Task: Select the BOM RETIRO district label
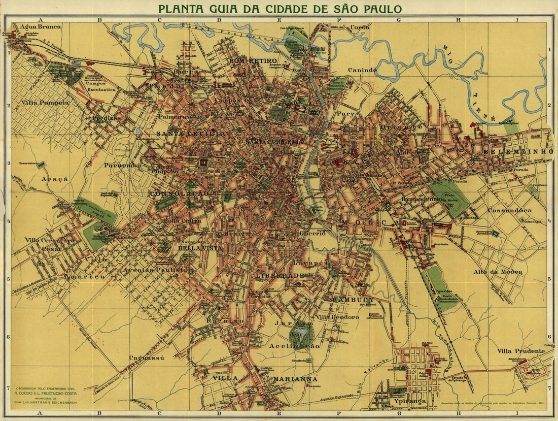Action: pyautogui.click(x=248, y=60)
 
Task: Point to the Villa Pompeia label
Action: pyautogui.click(x=45, y=102)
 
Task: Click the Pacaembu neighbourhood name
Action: pyautogui.click(x=122, y=165)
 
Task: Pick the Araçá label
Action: pyautogui.click(x=51, y=179)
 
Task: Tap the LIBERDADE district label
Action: pyautogui.click(x=280, y=275)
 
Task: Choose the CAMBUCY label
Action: pyautogui.click(x=353, y=300)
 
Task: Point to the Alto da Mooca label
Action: pyautogui.click(x=497, y=272)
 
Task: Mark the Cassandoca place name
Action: pyautogui.click(x=509, y=210)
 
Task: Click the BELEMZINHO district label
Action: pyautogui.click(x=517, y=151)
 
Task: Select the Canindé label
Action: pyautogui.click(x=362, y=70)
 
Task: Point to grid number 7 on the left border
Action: pyautogui.click(x=8, y=387)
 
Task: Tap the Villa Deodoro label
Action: pyautogui.click(x=337, y=317)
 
